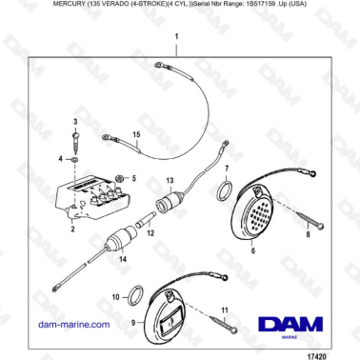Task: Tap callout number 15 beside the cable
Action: (135, 135)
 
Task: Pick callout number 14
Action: (121, 258)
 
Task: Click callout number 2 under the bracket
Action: (72, 230)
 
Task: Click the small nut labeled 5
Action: (119, 178)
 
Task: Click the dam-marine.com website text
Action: (72, 324)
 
